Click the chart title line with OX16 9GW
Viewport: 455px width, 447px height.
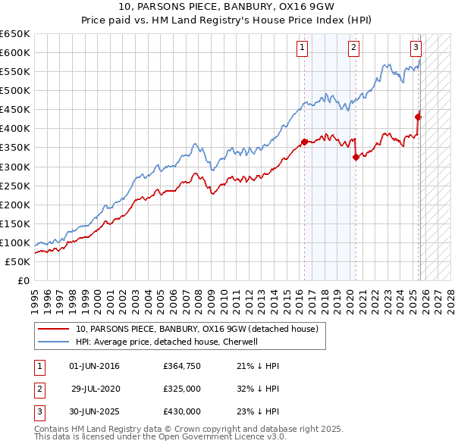click(x=227, y=7)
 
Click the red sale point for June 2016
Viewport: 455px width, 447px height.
click(x=304, y=141)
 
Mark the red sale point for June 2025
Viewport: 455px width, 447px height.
click(x=418, y=116)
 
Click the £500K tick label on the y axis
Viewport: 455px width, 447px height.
click(x=16, y=90)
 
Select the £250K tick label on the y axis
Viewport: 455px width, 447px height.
click(x=16, y=186)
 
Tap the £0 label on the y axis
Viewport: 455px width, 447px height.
click(x=25, y=280)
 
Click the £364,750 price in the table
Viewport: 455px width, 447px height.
click(x=182, y=366)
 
